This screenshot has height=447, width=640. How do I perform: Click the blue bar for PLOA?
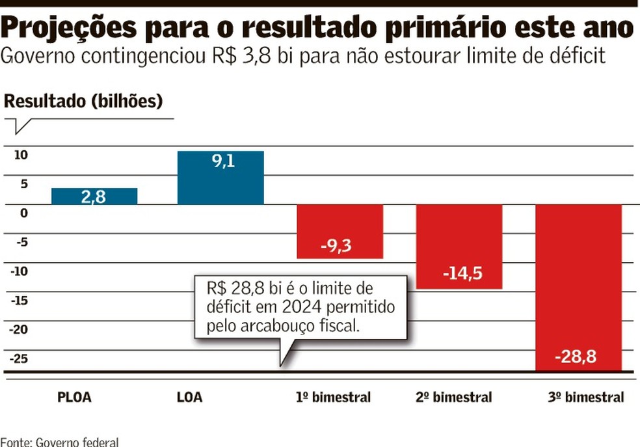tap(94, 196)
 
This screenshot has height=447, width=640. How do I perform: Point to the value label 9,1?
tap(222, 161)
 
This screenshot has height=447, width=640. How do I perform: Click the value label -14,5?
tap(462, 273)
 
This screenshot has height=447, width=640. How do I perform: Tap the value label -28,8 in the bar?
tap(576, 357)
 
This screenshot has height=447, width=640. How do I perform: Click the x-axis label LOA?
tap(189, 397)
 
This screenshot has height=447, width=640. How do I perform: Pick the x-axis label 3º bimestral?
tap(585, 397)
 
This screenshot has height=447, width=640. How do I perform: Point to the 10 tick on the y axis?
tap(21, 155)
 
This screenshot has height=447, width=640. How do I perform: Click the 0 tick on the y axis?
tap(23, 213)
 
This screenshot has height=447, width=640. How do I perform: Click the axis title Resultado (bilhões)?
tap(83, 102)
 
